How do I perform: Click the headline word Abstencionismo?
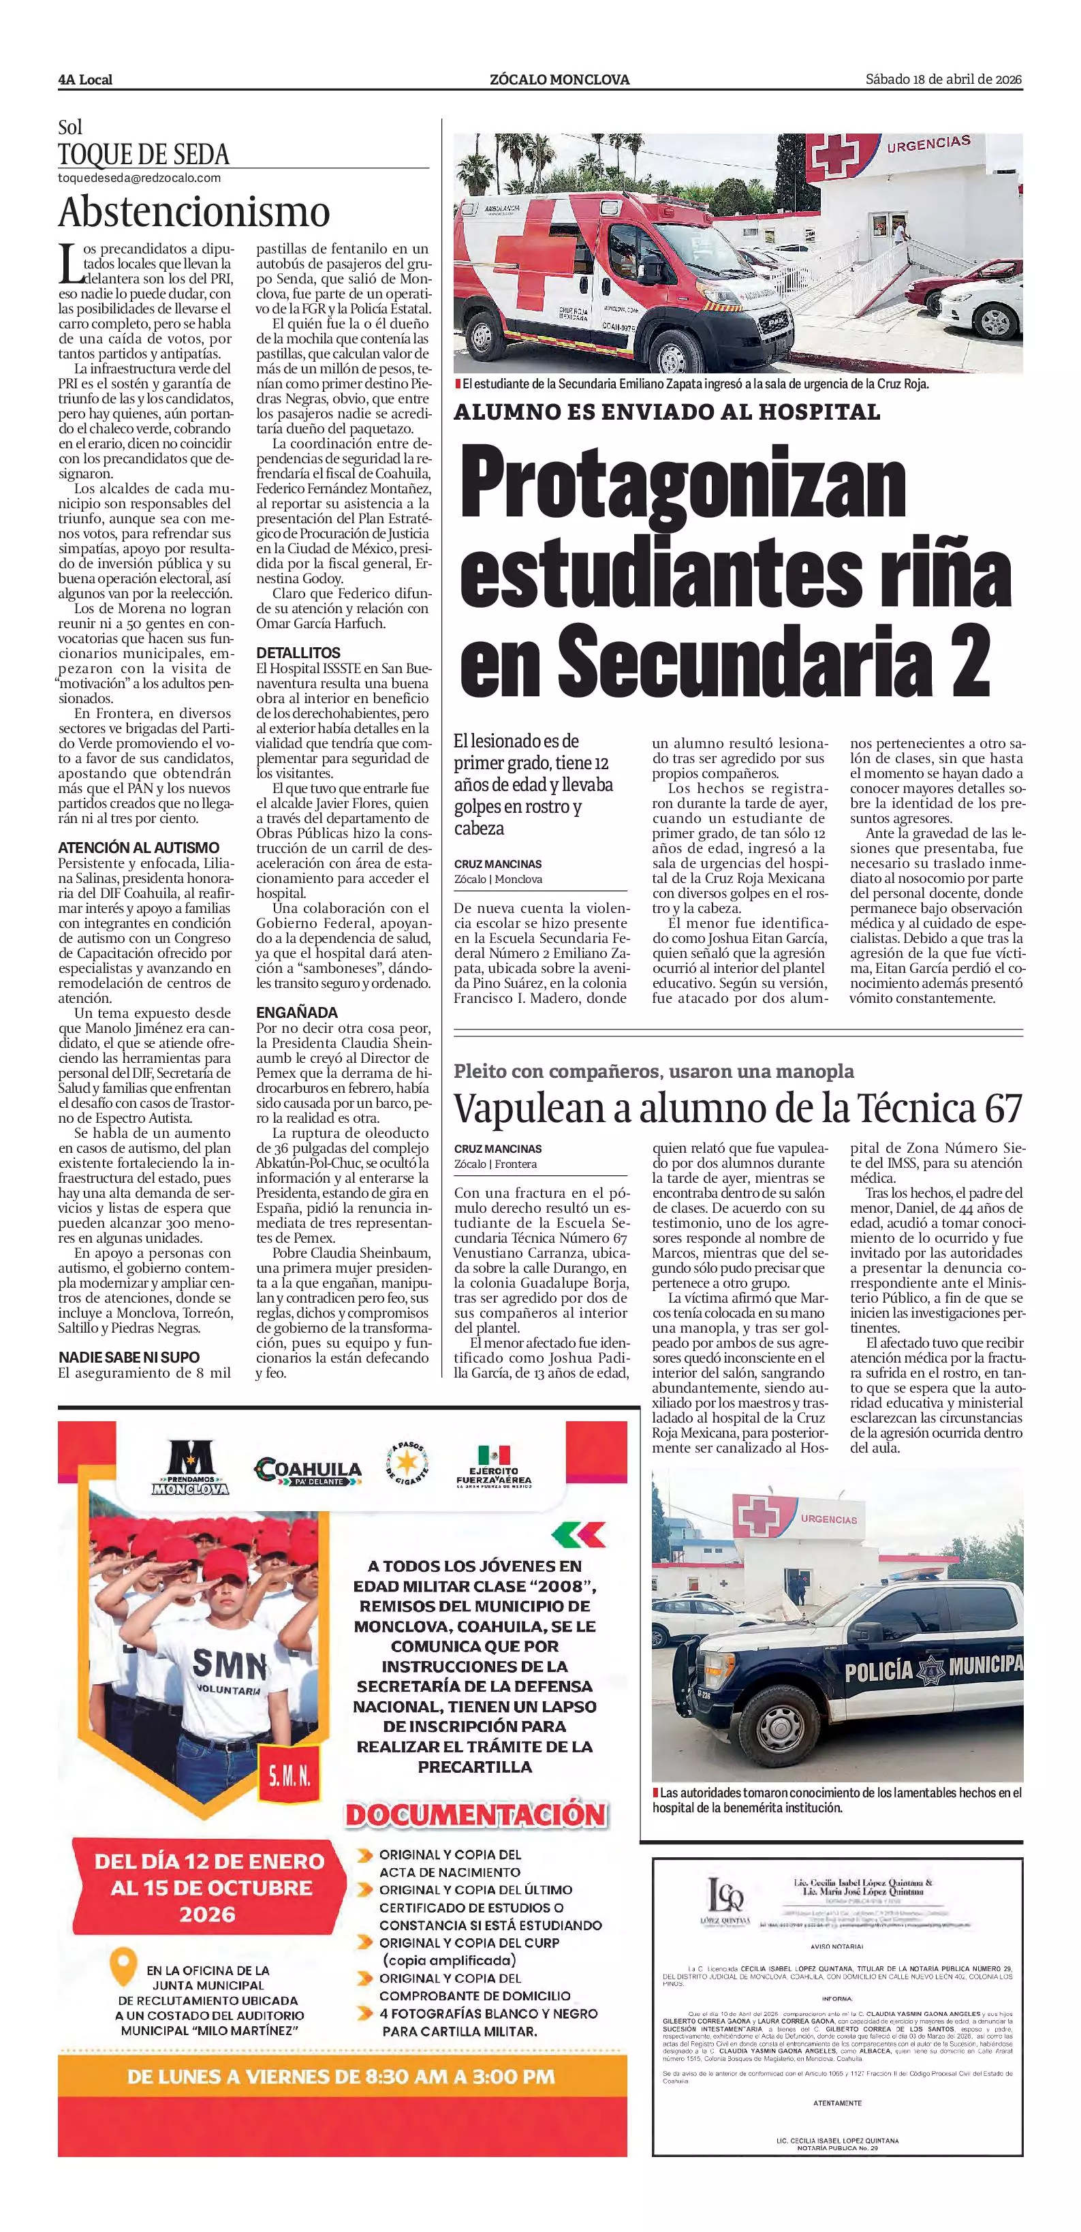tap(194, 213)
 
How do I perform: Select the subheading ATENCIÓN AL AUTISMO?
tap(138, 848)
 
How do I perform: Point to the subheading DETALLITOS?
tap(298, 653)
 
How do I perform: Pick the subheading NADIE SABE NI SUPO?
tap(129, 1357)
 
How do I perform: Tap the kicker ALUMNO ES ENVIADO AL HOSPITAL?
tap(667, 412)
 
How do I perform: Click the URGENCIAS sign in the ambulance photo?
tap(928, 144)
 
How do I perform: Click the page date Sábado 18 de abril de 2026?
tap(943, 80)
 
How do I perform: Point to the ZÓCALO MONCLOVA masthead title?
tap(559, 80)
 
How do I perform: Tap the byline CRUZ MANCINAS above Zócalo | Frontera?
tap(497, 1149)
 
